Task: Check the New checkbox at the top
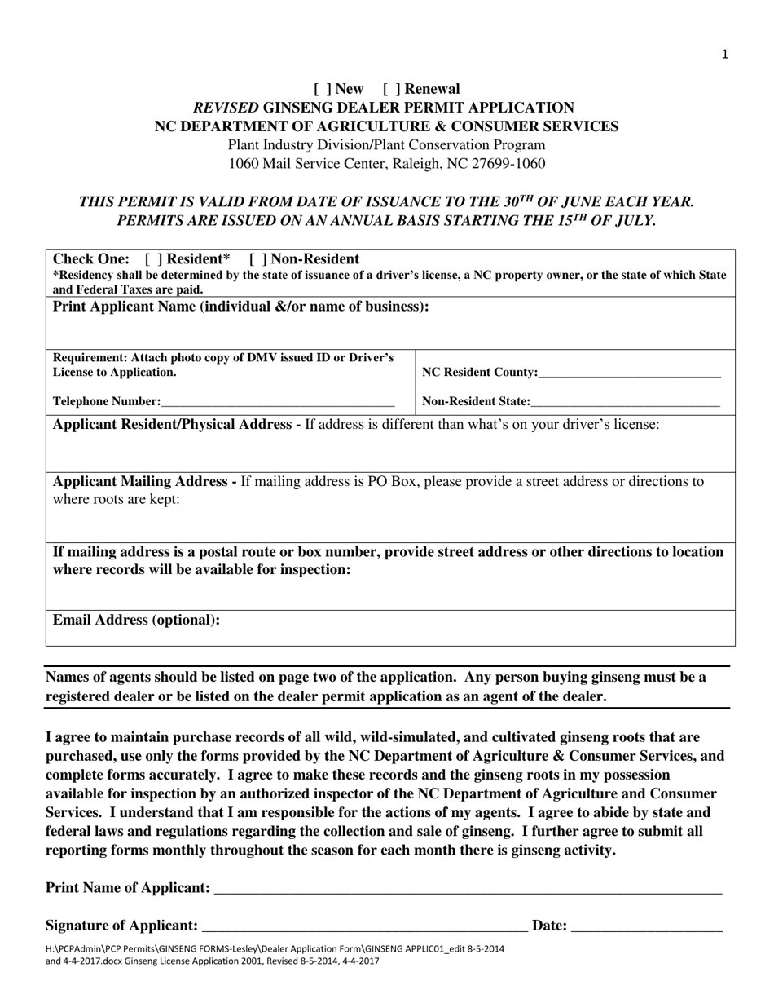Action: [319, 89]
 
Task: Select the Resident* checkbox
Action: [151, 259]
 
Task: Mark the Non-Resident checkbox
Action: [256, 259]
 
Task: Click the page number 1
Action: [724, 55]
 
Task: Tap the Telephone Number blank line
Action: [277, 402]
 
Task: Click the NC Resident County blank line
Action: [629, 373]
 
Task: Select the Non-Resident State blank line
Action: [625, 402]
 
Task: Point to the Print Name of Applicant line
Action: [467, 889]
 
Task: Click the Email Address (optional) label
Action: [136, 620]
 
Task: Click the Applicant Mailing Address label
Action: [144, 481]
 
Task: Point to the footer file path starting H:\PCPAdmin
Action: [275, 948]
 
